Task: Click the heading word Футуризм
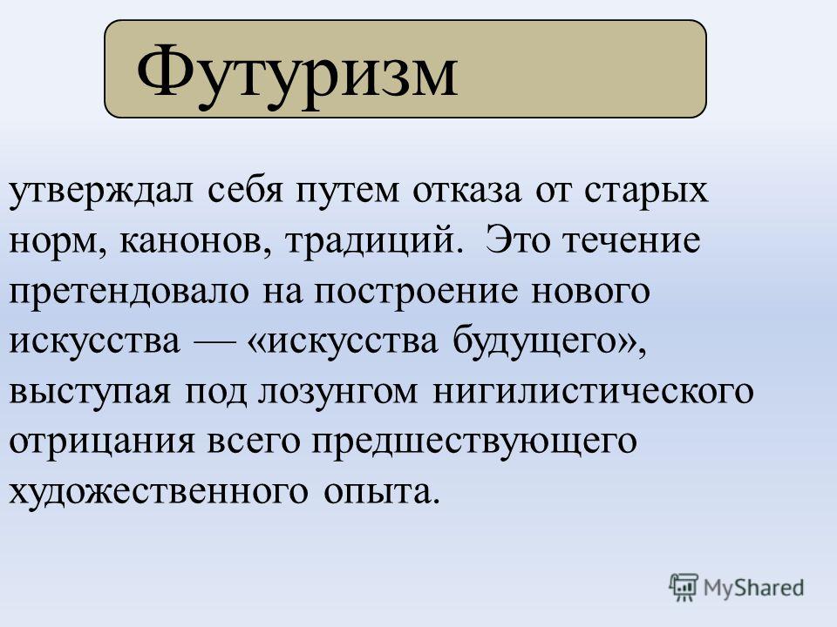[x=297, y=73]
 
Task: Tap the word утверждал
[x=101, y=191]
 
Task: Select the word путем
[x=347, y=192]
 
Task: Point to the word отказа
[x=467, y=192]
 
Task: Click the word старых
[x=646, y=192]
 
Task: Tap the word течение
[x=632, y=241]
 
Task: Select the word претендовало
[x=129, y=293]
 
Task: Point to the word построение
[x=417, y=293]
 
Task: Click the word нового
[x=591, y=293]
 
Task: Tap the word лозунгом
[x=338, y=392]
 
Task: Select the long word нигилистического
[x=593, y=391]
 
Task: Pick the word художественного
[x=158, y=491]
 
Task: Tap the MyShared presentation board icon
[x=684, y=588]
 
